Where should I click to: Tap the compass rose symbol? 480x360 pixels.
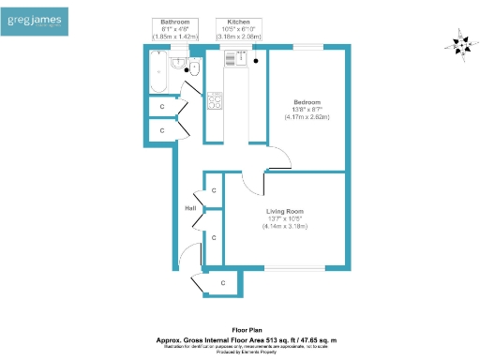460,44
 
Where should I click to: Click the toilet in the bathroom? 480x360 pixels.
193,68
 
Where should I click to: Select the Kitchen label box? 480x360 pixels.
238,28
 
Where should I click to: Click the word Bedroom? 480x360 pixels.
307,102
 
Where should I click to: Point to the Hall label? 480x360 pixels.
190,208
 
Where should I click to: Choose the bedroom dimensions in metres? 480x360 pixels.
307,119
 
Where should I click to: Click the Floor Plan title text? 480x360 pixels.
239,330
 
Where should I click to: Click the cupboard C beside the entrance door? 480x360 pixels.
222,282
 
